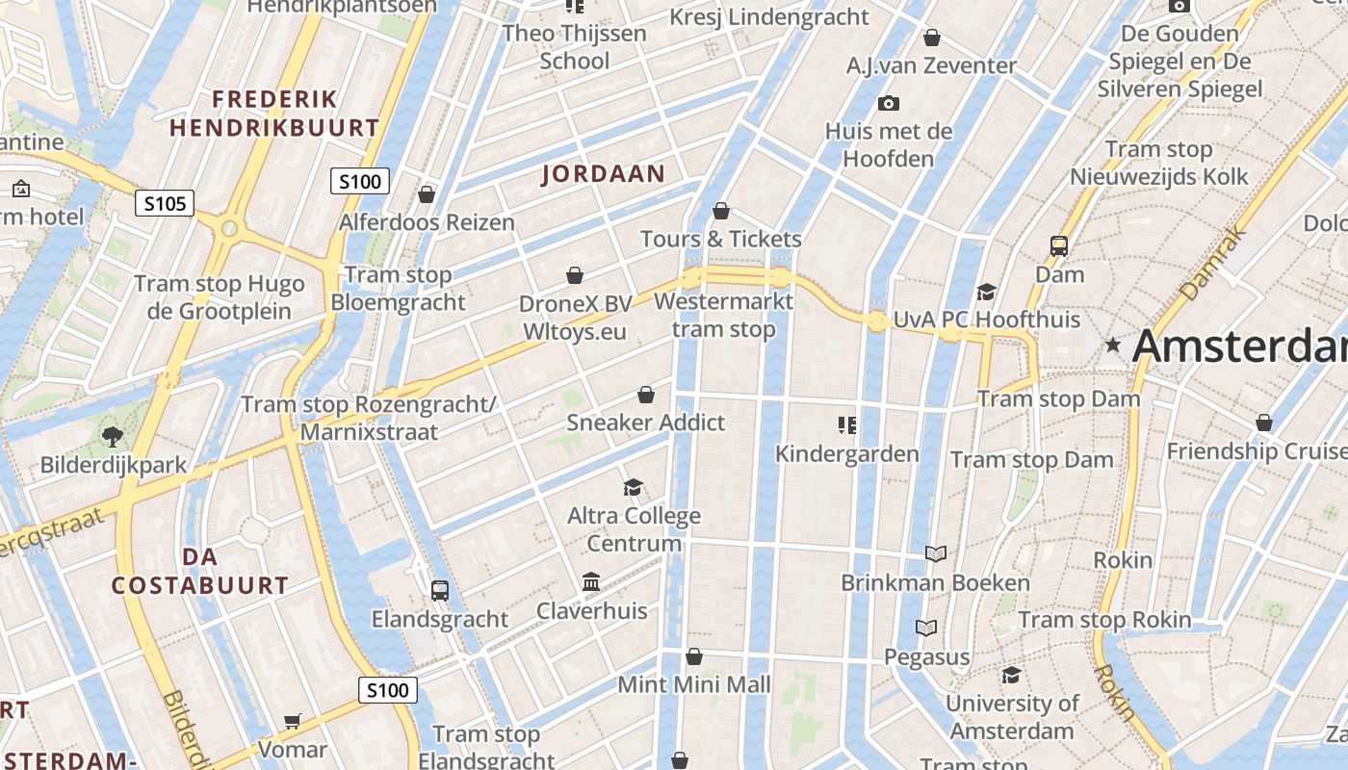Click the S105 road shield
165,203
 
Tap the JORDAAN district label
604,174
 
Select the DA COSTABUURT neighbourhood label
199,571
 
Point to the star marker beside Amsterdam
1114,345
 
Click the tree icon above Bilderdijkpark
113,436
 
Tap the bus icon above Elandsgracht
440,590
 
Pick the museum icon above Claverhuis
591,582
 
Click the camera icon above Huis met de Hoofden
888,103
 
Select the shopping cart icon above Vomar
293,721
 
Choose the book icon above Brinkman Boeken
935,553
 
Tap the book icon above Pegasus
926,628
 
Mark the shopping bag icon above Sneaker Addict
646,395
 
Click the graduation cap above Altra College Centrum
633,487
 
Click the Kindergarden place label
847,452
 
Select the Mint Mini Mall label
694,684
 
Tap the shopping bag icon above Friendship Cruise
1264,423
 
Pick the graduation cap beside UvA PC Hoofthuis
986,292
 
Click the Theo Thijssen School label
575,47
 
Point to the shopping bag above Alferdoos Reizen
427,194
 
